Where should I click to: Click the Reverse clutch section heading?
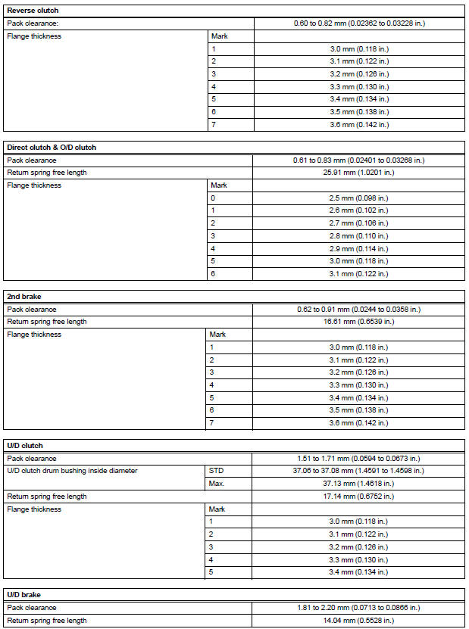coord(33,11)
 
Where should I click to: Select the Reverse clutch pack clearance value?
coord(359,23)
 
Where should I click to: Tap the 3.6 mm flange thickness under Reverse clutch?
coord(359,125)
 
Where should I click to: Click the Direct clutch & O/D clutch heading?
coord(52,147)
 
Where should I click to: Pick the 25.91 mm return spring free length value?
coord(359,173)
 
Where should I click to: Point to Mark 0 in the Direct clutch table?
coord(214,198)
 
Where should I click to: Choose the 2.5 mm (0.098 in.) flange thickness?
coord(359,198)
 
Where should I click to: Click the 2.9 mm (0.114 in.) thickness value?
coord(359,248)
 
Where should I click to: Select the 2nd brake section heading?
coord(25,296)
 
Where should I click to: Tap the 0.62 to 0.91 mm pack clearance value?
coord(359,309)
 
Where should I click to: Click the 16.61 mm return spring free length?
coord(359,322)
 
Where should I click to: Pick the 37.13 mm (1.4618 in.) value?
coord(359,484)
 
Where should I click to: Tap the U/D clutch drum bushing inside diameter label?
coord(72,471)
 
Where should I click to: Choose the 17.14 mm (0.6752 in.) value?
coord(359,497)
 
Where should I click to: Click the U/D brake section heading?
coord(25,594)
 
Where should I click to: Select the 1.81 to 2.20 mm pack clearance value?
coord(359,608)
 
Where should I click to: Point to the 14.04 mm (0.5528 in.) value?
coord(359,621)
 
